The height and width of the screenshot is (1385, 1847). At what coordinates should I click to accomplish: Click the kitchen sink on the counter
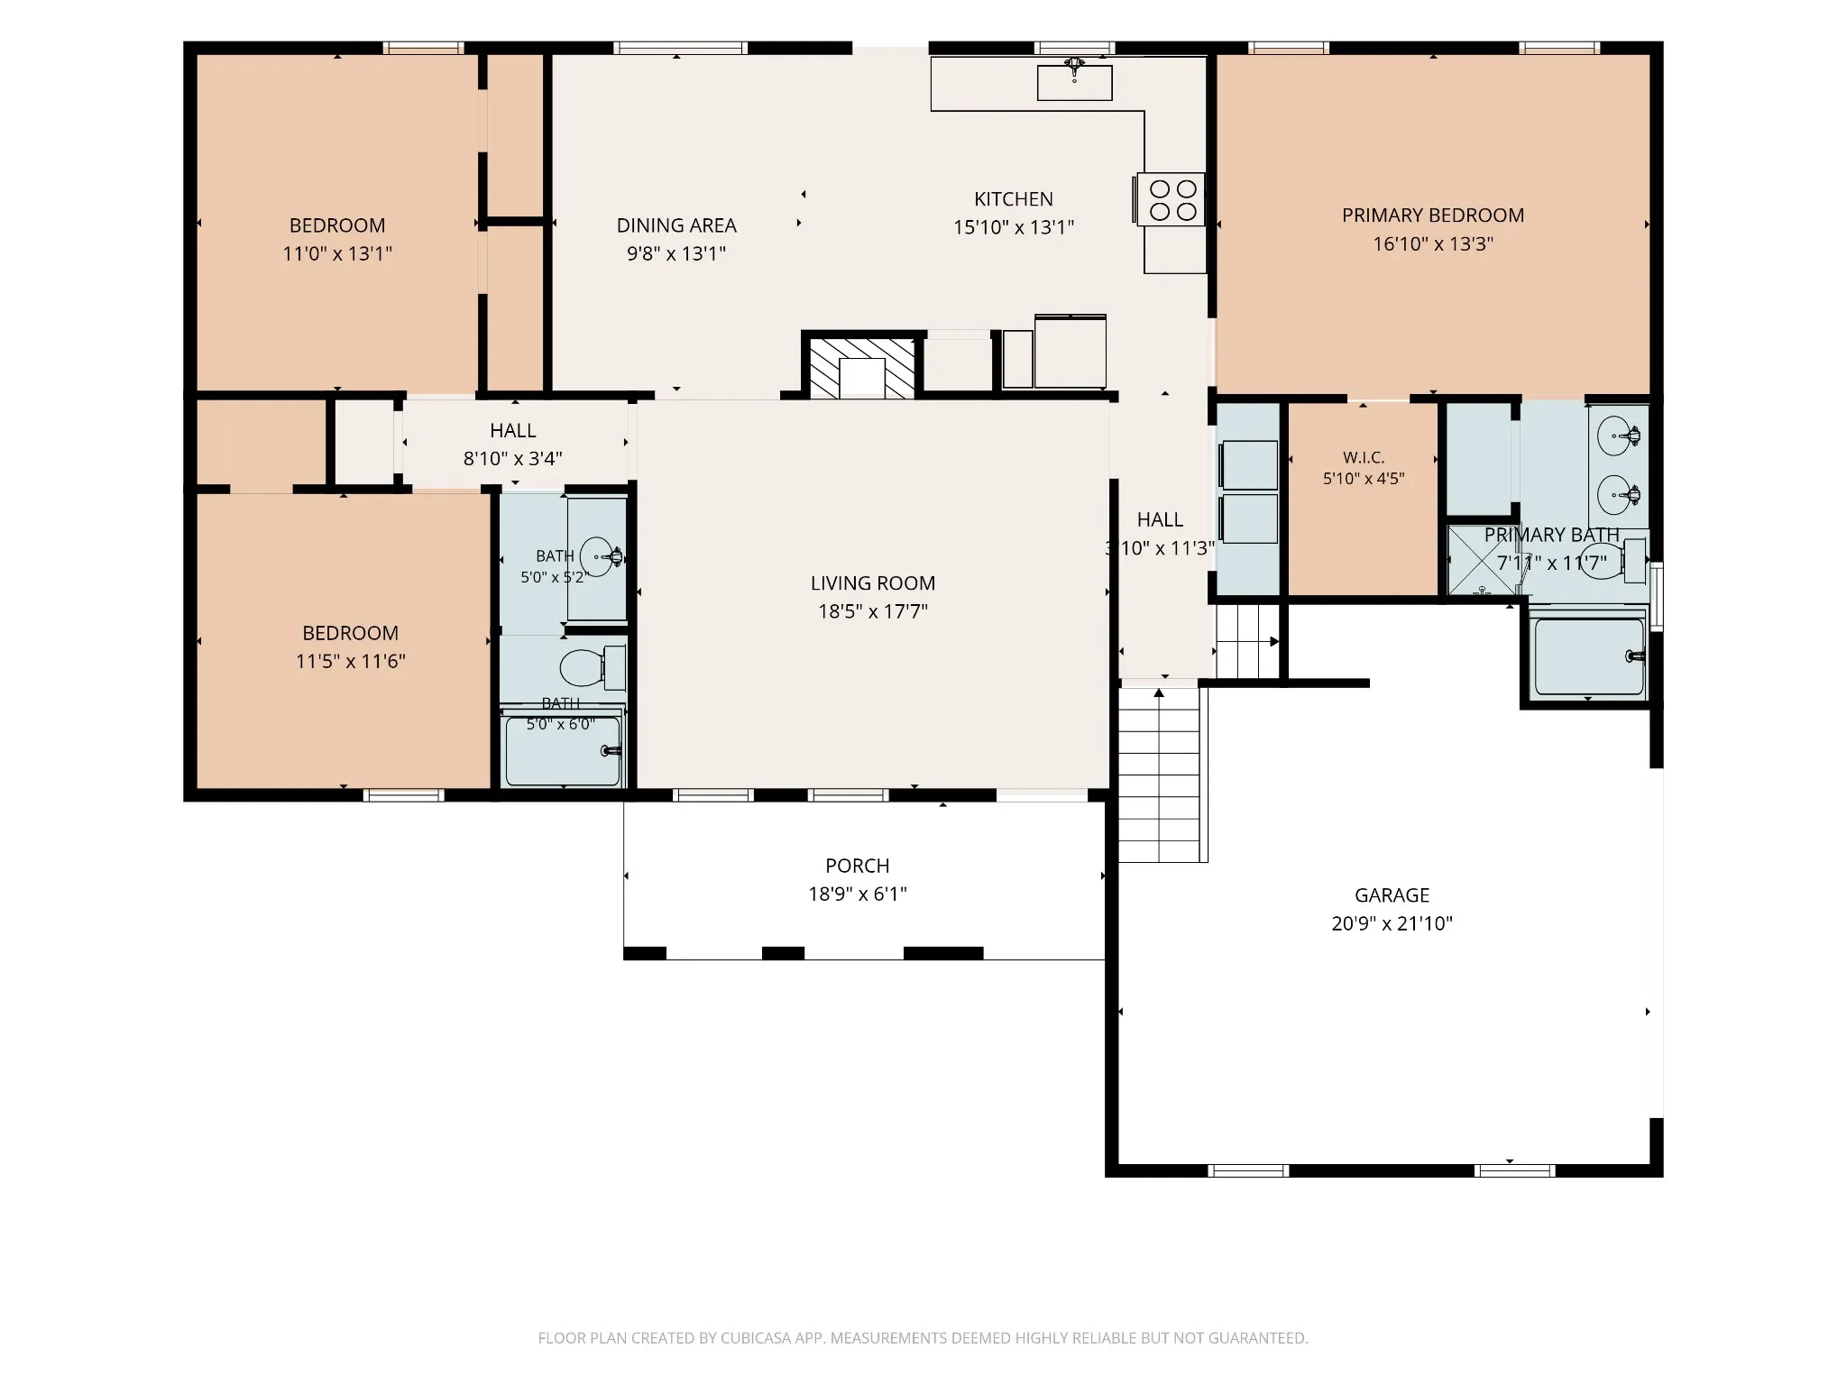pyautogui.click(x=1074, y=81)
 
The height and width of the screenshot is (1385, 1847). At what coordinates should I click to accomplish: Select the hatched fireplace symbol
pyautogui.click(x=861, y=368)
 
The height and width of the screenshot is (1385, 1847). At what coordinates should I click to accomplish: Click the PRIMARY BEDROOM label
pyautogui.click(x=1433, y=216)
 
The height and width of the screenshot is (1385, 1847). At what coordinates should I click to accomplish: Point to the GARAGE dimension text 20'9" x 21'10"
pyautogui.click(x=1392, y=923)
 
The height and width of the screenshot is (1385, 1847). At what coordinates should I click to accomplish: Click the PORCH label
pyautogui.click(x=858, y=866)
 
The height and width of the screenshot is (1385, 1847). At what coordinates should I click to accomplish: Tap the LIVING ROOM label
pyautogui.click(x=873, y=583)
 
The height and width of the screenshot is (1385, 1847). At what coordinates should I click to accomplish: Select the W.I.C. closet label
pyautogui.click(x=1364, y=458)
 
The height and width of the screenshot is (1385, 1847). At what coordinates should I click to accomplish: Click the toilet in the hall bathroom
pyautogui.click(x=592, y=667)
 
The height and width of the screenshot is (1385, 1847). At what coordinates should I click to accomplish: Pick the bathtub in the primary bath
pyautogui.click(x=1589, y=656)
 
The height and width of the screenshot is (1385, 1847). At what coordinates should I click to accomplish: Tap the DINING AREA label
pyautogui.click(x=676, y=225)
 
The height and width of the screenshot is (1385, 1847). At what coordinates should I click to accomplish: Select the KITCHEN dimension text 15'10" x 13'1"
pyautogui.click(x=1014, y=227)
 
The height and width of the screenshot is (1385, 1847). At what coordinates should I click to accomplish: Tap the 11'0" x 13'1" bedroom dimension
pyautogui.click(x=337, y=253)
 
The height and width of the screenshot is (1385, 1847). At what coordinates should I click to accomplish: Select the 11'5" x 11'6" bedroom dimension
pyautogui.click(x=351, y=661)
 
